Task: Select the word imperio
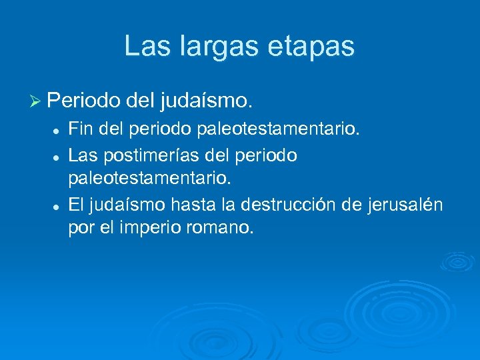tap(147, 229)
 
